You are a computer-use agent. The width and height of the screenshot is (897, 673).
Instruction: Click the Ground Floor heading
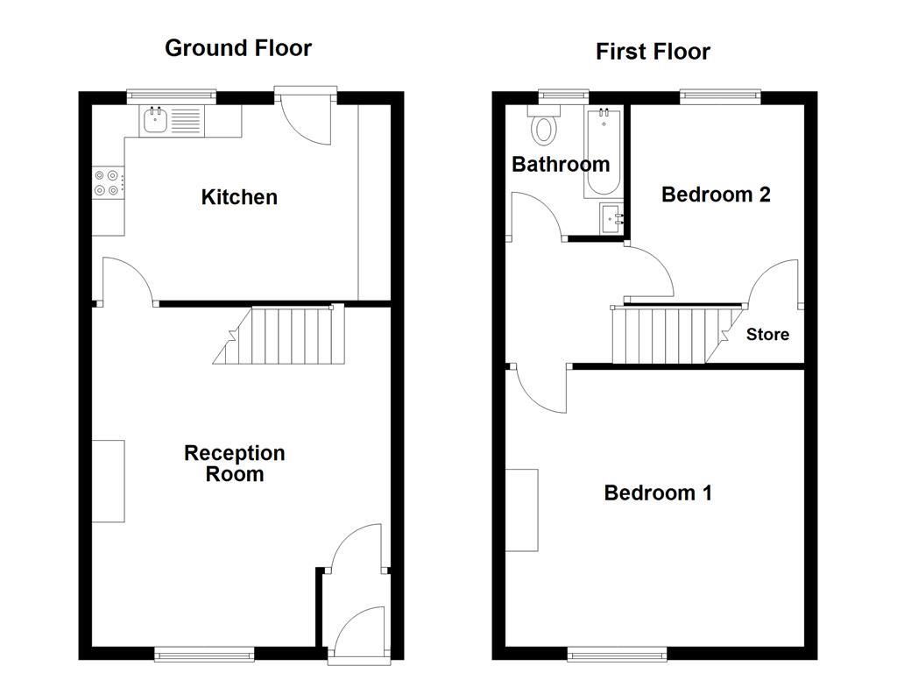point(237,47)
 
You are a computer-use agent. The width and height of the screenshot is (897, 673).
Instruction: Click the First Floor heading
point(653,52)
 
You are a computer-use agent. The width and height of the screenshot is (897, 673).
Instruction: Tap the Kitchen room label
point(239,197)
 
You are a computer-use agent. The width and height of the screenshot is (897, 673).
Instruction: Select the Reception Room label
point(235,464)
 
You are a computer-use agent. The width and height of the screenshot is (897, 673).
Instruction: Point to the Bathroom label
point(561,164)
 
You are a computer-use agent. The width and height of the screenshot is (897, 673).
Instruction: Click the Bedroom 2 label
point(716,195)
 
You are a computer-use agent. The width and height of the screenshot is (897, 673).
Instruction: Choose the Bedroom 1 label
point(658,493)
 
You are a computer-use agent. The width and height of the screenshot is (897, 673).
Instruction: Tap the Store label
point(767,335)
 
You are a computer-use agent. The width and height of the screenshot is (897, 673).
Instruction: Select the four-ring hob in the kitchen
point(107,182)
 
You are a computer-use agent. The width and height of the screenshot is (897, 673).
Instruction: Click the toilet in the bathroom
point(544,127)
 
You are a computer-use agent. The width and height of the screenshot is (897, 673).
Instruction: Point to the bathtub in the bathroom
point(602,152)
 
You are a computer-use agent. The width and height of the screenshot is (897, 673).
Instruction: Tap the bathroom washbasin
point(611,219)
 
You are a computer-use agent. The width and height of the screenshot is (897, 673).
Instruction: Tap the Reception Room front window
point(205,652)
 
